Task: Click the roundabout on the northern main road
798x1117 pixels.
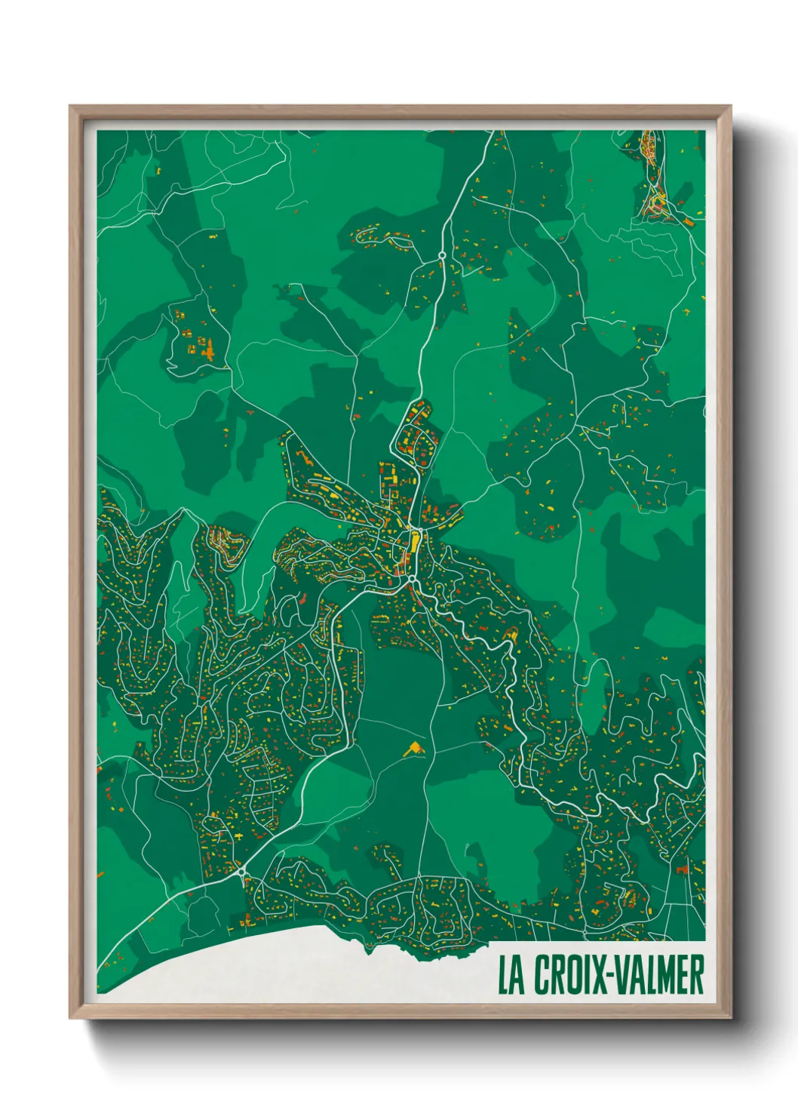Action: (442, 257)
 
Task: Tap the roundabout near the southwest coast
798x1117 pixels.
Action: (242, 872)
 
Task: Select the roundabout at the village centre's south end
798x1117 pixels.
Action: (413, 580)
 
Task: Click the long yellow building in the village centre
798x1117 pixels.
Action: (413, 542)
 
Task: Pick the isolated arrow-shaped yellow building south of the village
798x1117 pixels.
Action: (413, 749)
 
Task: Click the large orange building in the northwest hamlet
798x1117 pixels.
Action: (204, 349)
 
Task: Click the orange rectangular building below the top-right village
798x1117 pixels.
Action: (689, 221)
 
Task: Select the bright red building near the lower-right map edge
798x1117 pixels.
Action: (683, 869)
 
